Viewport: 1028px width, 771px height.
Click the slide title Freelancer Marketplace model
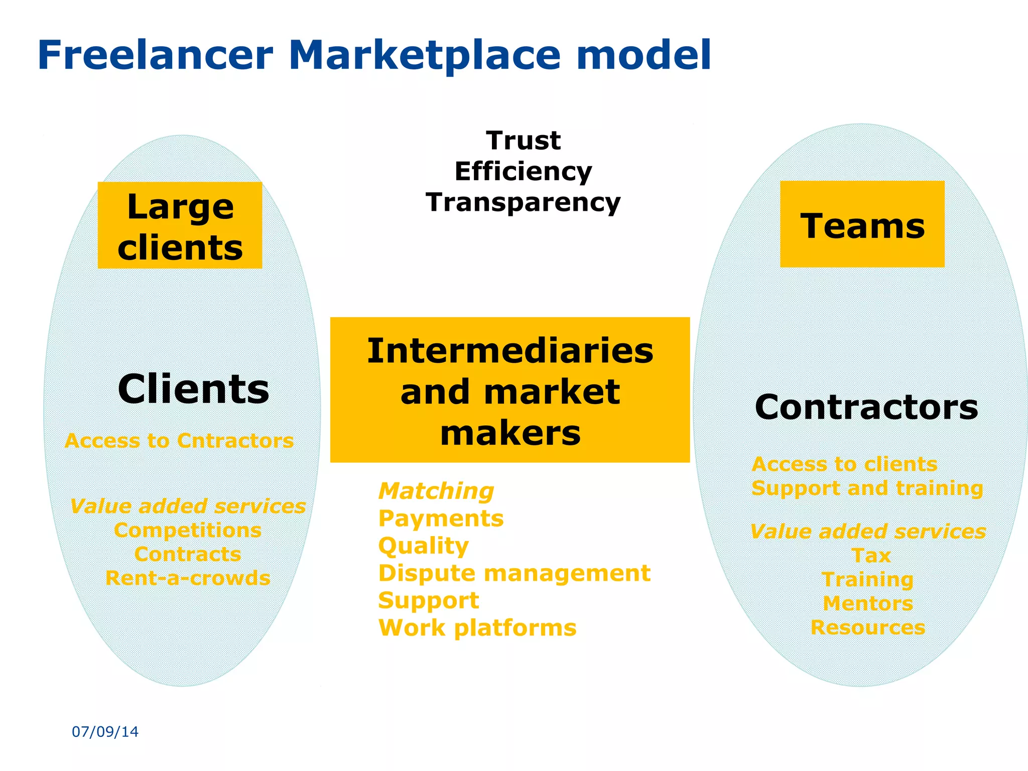tap(374, 55)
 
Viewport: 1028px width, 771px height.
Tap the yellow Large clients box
tap(180, 225)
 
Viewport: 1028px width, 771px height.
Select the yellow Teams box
tap(862, 224)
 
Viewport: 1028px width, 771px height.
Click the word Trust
tap(523, 141)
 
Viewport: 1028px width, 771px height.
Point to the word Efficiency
tap(523, 172)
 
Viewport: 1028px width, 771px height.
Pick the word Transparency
tap(523, 203)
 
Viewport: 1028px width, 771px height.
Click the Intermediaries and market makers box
tap(509, 390)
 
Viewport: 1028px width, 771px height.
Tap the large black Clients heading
tap(193, 389)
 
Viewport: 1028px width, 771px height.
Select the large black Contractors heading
tap(866, 407)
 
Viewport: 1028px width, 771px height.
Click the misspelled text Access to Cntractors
tap(179, 441)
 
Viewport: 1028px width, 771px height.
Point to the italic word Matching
tap(436, 491)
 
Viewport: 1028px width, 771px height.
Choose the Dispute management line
tap(514, 573)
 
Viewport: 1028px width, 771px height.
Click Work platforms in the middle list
tap(477, 627)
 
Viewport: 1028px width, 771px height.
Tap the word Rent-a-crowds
tap(188, 578)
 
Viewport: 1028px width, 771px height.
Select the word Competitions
tap(188, 531)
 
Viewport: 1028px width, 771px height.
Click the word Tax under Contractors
tap(871, 556)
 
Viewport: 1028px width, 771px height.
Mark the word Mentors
tap(868, 603)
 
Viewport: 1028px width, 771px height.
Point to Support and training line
tap(867, 488)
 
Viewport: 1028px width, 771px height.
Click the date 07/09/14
tap(105, 732)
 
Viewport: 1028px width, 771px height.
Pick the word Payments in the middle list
tap(441, 519)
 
